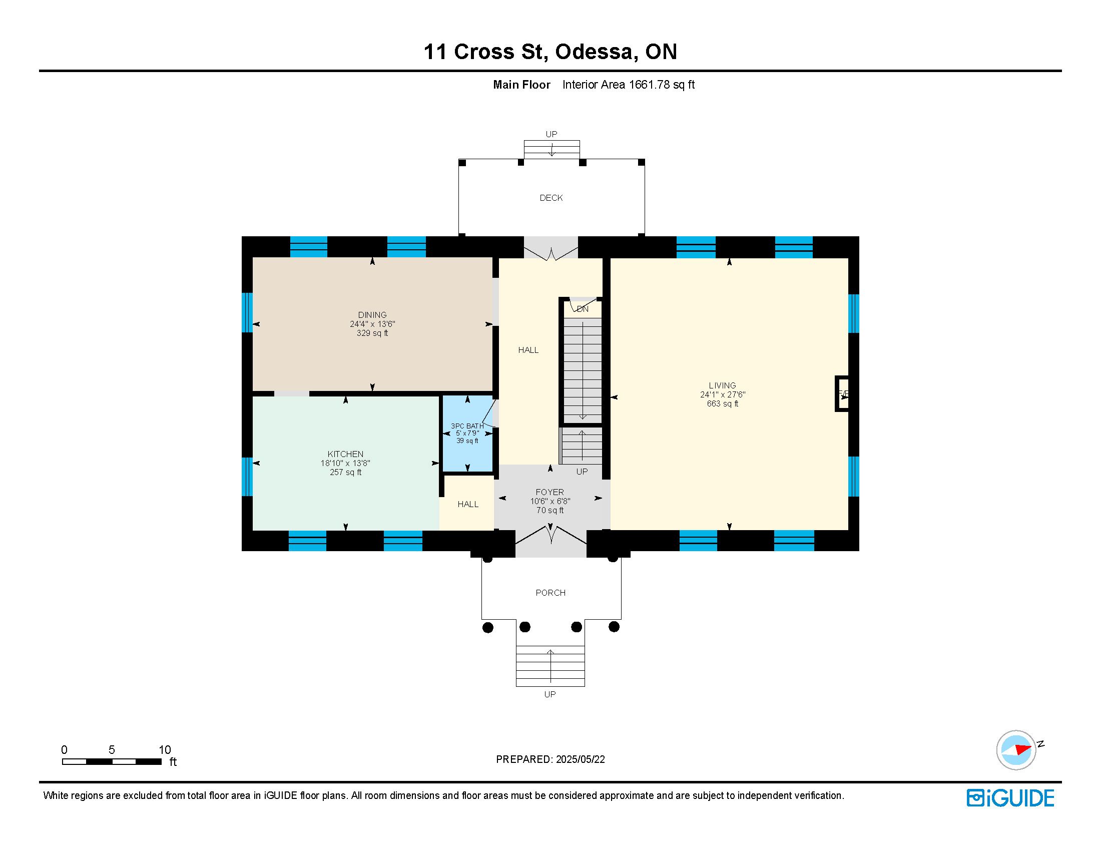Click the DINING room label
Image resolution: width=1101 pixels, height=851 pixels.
372,315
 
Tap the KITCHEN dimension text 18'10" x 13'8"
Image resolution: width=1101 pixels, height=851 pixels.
345,464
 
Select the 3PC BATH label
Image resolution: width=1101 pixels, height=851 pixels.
467,426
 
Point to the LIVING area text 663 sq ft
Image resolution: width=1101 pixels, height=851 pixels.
722,404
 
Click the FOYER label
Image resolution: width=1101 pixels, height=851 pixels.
550,492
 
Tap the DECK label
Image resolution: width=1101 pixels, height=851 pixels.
551,198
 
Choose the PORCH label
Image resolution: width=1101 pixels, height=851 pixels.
550,593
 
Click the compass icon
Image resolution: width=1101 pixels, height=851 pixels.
1016,750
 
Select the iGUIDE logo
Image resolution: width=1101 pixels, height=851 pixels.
1010,798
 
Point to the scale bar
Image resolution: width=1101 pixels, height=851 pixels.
112,761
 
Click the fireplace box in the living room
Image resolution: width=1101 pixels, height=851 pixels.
842,394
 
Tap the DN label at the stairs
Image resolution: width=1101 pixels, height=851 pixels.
583,309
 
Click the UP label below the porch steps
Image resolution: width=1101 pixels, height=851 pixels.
550,694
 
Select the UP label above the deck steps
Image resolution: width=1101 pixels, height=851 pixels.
552,134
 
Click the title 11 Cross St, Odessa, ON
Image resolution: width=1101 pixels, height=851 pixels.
550,52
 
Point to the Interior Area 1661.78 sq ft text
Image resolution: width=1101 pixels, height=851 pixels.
629,85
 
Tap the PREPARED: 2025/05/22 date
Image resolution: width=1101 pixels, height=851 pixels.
550,759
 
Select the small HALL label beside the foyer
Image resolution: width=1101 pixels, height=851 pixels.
468,504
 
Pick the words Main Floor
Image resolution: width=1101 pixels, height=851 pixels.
522,85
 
